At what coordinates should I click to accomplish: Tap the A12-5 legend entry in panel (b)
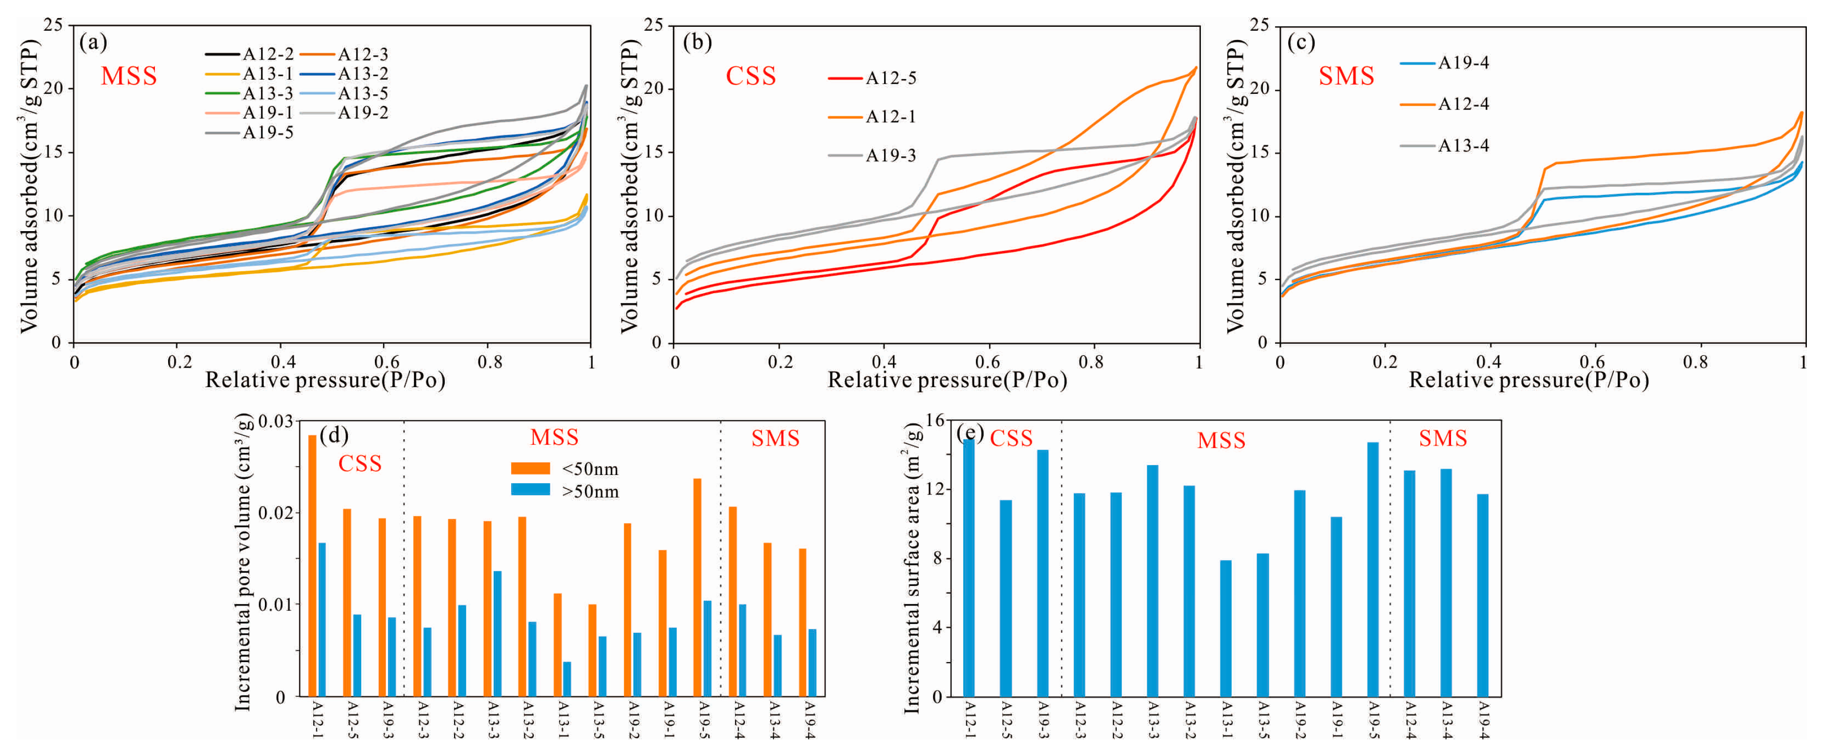coord(872,78)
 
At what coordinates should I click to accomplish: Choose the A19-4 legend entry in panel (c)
coord(1444,63)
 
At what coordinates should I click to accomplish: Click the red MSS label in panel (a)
coord(129,76)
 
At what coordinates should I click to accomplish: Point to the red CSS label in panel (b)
coord(751,76)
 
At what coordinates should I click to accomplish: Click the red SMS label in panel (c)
coord(1346,76)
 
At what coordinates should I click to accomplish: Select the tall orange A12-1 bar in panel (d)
coord(312,565)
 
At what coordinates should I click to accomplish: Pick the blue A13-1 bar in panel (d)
coord(567,679)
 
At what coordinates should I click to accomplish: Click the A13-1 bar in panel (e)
coord(1226,628)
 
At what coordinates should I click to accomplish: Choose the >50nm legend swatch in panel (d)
coord(530,490)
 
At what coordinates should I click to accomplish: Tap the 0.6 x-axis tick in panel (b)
coord(987,362)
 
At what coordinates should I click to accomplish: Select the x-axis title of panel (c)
coord(1529,381)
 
